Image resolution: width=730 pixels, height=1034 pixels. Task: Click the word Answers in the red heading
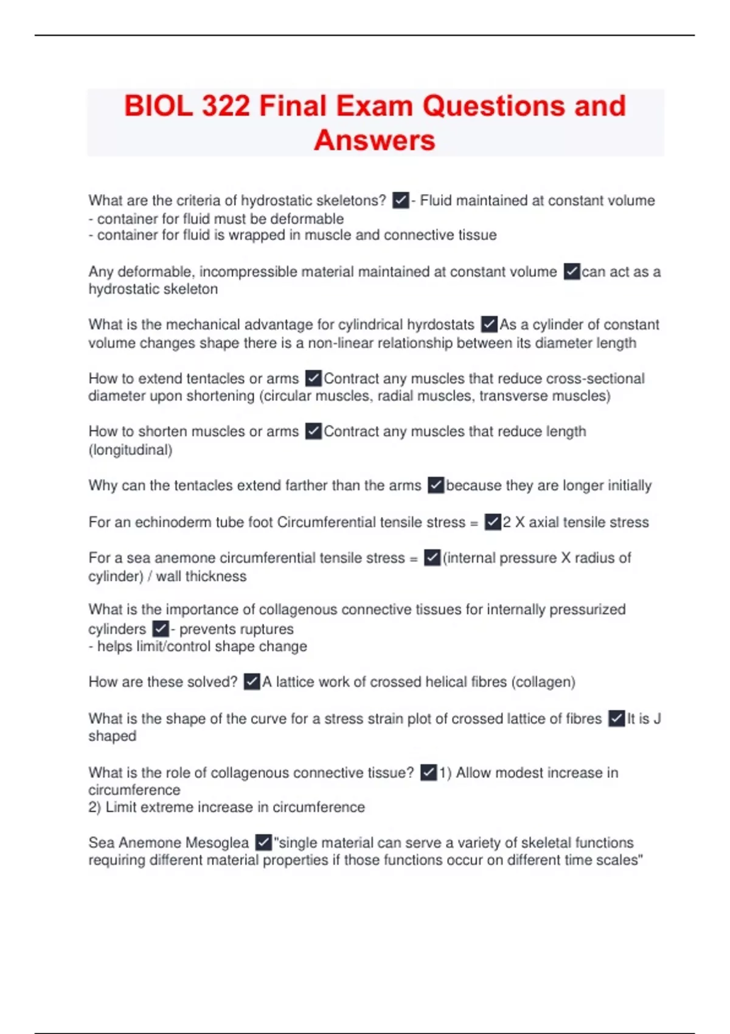[375, 141]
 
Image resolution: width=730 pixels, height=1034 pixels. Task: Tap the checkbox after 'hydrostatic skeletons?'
[400, 200]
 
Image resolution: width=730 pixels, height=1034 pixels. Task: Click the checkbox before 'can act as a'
[572, 271]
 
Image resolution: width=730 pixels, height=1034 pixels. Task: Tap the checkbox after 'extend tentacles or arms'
[313, 378]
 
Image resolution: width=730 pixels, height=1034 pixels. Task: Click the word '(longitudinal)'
[130, 450]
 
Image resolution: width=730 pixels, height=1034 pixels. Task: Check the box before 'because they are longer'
[436, 485]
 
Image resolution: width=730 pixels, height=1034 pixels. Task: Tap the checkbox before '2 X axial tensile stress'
[492, 522]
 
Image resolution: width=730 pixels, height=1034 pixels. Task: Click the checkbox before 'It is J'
[616, 718]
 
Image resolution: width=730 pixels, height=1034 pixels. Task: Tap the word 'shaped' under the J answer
[113, 736]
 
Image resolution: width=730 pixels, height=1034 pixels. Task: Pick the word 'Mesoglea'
[217, 843]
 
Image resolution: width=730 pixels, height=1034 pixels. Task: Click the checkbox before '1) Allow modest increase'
[428, 772]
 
